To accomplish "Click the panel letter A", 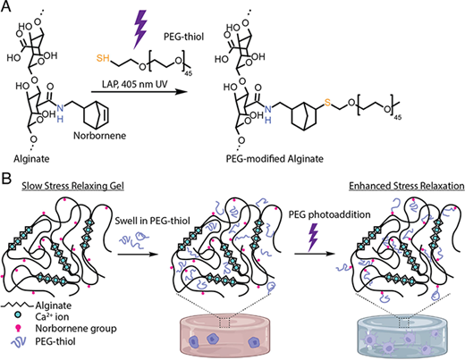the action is click(x=6, y=6).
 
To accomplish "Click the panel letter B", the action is click(x=6, y=179).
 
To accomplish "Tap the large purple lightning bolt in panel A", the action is click(x=139, y=29).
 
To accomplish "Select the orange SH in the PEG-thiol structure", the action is click(x=103, y=58).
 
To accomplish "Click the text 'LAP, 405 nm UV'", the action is click(x=135, y=84).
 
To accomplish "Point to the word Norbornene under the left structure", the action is click(x=100, y=136).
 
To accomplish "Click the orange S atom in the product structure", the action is click(x=327, y=103).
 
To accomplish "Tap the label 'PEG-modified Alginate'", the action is click(x=275, y=159).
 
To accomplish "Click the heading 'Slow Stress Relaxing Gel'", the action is click(x=72, y=186).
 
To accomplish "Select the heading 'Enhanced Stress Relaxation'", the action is click(x=407, y=186).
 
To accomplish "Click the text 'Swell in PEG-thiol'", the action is click(x=152, y=221).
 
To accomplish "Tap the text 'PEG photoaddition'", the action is click(x=329, y=214).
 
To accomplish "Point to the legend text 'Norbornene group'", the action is click(x=76, y=329).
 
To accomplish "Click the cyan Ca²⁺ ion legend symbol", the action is click(x=18, y=314).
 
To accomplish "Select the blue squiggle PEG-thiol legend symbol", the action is click(x=19, y=341).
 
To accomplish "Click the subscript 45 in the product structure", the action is click(x=398, y=118).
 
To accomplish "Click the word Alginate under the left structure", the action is click(x=31, y=159).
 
